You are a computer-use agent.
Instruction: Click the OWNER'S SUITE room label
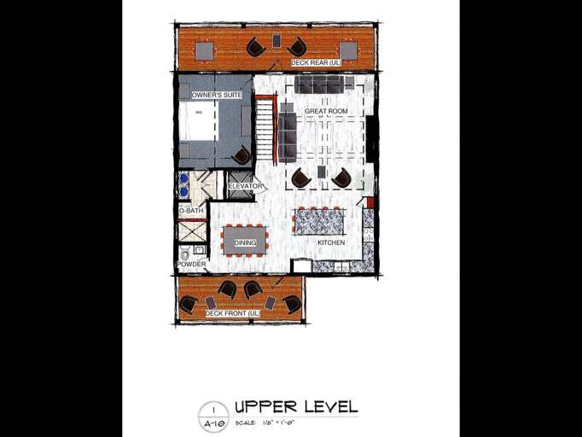pyautogui.click(x=217, y=95)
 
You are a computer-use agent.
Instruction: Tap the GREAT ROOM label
pyautogui.click(x=326, y=111)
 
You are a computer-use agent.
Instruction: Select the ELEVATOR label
pyautogui.click(x=246, y=186)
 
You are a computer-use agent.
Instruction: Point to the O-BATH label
pyautogui.click(x=190, y=211)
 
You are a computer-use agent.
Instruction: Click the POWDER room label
pyautogui.click(x=191, y=265)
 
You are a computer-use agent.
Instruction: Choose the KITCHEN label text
pyautogui.click(x=331, y=243)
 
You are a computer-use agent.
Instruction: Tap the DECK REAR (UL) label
pyautogui.click(x=316, y=62)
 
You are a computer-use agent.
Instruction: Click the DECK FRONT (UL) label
pyautogui.click(x=232, y=314)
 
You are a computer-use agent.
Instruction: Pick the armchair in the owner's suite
pyautogui.click(x=242, y=154)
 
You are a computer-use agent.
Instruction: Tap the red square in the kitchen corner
pyautogui.click(x=370, y=202)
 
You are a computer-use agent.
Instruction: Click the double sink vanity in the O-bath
pyautogui.click(x=183, y=185)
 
